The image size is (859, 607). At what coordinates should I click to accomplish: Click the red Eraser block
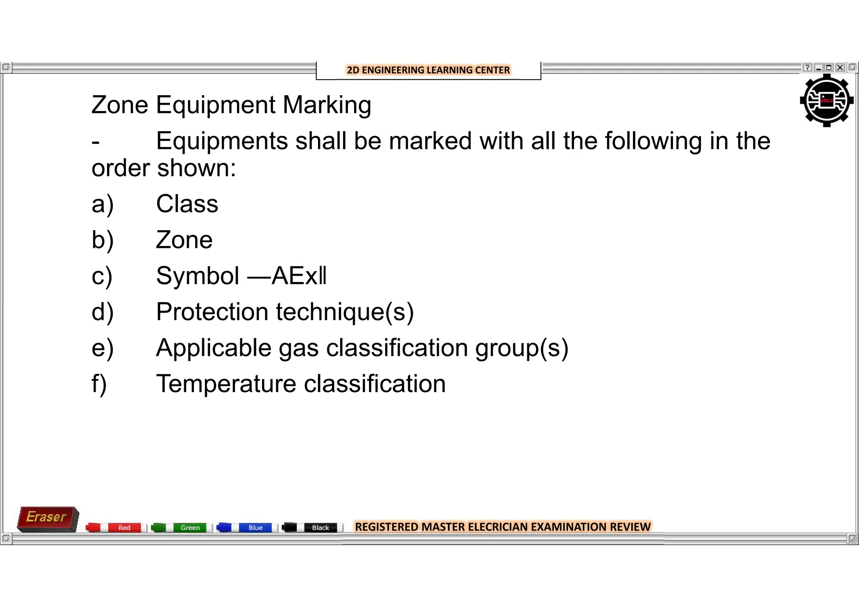coord(47,519)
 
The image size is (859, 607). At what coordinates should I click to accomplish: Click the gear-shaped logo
coord(826,101)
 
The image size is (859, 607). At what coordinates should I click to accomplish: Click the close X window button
coord(840,67)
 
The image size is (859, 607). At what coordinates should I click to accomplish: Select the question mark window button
coord(807,67)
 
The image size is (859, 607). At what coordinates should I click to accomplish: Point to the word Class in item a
coord(187,204)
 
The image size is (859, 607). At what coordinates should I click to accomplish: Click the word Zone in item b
coord(184,240)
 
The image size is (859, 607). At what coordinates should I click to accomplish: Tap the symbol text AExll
coord(299,276)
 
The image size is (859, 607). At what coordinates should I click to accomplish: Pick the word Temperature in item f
coord(226,384)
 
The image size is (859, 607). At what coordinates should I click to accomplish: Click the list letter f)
coord(99,384)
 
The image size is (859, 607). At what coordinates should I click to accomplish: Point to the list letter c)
coord(102,277)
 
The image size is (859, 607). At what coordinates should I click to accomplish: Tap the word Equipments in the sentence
coord(222,141)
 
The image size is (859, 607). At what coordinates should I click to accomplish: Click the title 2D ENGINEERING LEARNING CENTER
coord(428,70)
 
